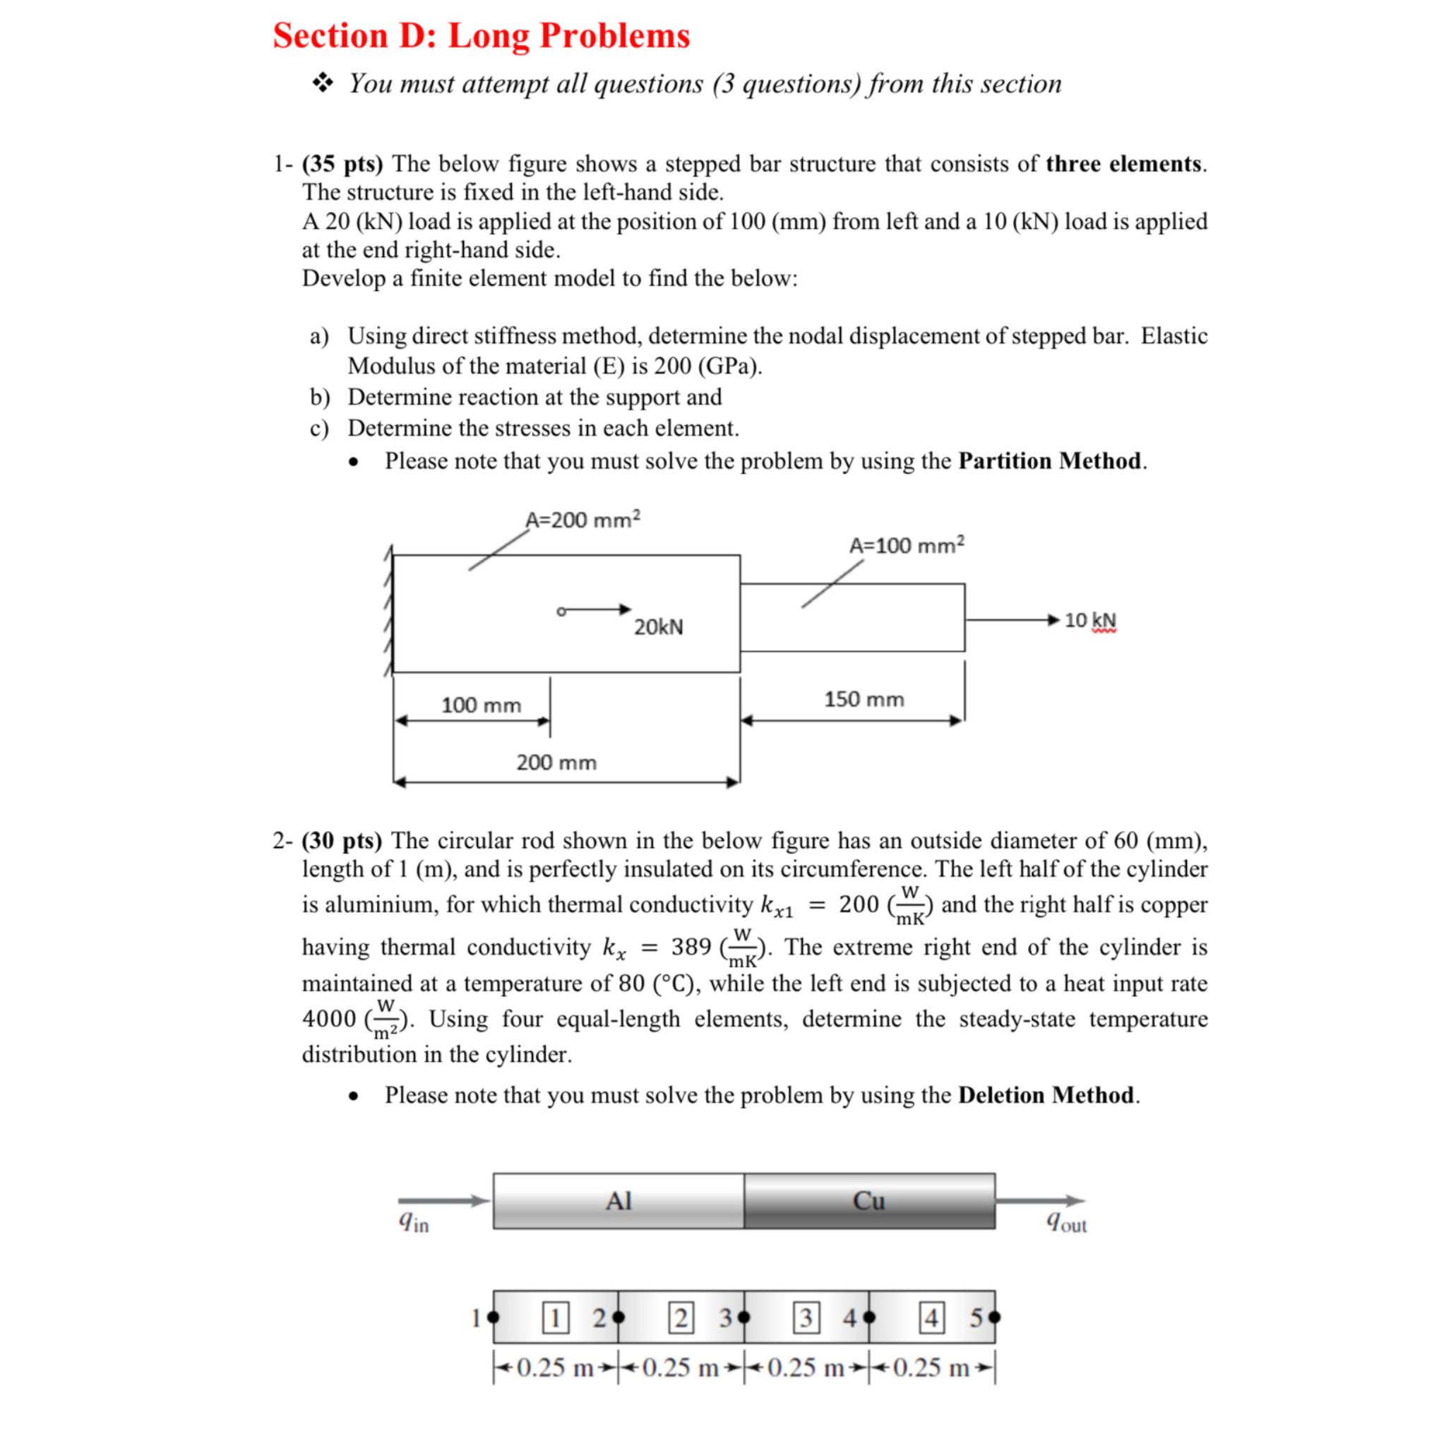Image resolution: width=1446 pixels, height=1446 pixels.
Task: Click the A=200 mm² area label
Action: (x=582, y=520)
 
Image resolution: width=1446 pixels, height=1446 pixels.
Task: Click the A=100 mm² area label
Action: (x=907, y=545)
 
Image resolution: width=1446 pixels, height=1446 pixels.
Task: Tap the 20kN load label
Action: (x=659, y=627)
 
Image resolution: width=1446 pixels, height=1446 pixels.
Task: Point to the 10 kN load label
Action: (x=1089, y=621)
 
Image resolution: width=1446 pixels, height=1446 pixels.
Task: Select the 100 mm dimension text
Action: (x=482, y=705)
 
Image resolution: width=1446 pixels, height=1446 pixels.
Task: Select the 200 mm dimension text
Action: (x=556, y=763)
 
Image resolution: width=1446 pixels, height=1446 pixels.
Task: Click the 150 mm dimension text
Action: (x=864, y=699)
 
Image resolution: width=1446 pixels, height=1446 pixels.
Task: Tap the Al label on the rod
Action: (x=619, y=1201)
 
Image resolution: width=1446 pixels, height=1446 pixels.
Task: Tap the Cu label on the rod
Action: (x=868, y=1201)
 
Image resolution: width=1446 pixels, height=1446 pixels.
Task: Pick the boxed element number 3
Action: (x=806, y=1317)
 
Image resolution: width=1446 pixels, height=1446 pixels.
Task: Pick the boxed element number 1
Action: (x=554, y=1317)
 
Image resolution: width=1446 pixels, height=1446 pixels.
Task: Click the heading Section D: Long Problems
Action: (x=482, y=35)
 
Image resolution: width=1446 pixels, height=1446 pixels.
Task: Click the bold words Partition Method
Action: (x=1049, y=461)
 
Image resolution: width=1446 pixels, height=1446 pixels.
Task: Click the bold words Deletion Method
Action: (x=1046, y=1095)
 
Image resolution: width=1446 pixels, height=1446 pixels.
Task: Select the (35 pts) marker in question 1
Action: (x=342, y=163)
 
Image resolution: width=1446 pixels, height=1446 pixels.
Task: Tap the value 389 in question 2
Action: (x=691, y=948)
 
